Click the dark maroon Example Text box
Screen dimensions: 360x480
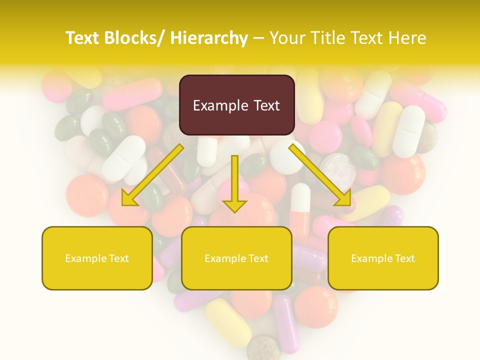236,105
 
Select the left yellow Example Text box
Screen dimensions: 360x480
97,258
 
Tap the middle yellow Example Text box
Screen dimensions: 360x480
236,258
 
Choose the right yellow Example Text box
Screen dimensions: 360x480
383,258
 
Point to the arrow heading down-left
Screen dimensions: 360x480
152,175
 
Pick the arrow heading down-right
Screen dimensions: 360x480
320,175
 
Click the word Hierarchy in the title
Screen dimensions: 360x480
209,38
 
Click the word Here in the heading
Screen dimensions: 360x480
408,38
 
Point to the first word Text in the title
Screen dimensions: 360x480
83,38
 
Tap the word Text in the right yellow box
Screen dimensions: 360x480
404,258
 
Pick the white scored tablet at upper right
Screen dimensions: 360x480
409,131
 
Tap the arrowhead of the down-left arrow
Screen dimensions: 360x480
129,198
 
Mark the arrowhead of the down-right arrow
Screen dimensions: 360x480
343,198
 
